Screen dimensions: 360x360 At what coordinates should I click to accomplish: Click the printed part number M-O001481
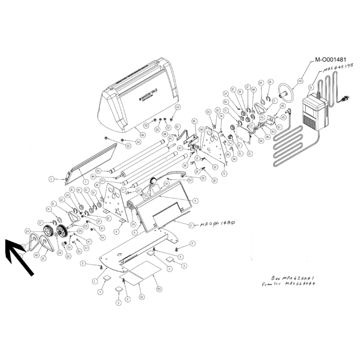coord(330,60)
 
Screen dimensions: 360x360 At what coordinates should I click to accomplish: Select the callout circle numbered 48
coord(143,135)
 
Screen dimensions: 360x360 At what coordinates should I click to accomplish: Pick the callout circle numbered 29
coord(133,224)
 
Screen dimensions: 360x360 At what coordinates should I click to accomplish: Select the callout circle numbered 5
coord(225,174)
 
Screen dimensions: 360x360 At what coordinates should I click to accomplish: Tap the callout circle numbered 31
coord(250,153)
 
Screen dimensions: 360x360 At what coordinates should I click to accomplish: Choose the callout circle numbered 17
coord(191,225)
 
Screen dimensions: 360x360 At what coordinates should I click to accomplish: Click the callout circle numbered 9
coord(195,200)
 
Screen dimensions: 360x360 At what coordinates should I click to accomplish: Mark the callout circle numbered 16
coord(194,121)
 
